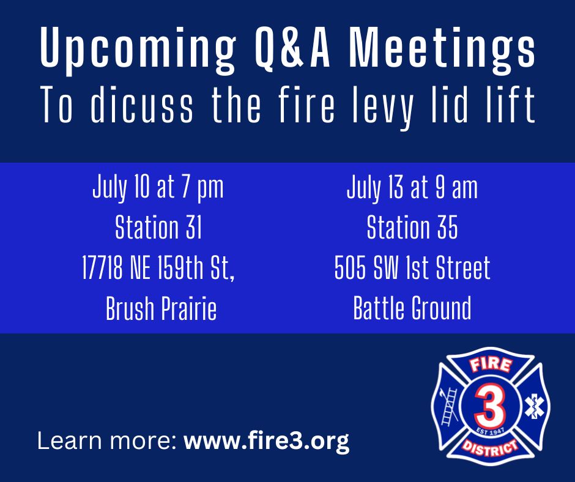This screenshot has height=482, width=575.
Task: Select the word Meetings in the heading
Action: click(x=442, y=48)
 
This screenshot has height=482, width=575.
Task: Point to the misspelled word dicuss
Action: click(x=141, y=105)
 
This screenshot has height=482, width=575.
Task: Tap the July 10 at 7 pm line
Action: click(x=158, y=188)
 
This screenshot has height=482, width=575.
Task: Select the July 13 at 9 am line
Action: click(x=412, y=188)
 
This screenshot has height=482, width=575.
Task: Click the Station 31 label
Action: click(x=158, y=227)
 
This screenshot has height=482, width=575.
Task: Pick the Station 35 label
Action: click(x=412, y=227)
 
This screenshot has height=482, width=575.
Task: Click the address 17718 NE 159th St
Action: click(x=158, y=268)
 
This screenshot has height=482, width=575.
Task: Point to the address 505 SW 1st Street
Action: click(x=412, y=267)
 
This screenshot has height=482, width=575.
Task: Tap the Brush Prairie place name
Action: click(x=161, y=308)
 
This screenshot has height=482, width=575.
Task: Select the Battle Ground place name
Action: click(x=412, y=308)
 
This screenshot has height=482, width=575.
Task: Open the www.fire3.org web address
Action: click(x=266, y=440)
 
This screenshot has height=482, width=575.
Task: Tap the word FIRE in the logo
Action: click(x=491, y=365)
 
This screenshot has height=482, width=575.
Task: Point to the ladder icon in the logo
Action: click(x=449, y=406)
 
